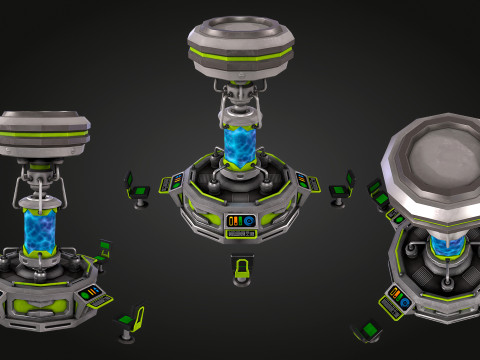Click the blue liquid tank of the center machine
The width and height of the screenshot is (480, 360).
point(239,146)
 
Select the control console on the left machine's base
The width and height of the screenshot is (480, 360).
point(89,293)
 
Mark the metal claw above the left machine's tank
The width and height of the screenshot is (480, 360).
point(40,185)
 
